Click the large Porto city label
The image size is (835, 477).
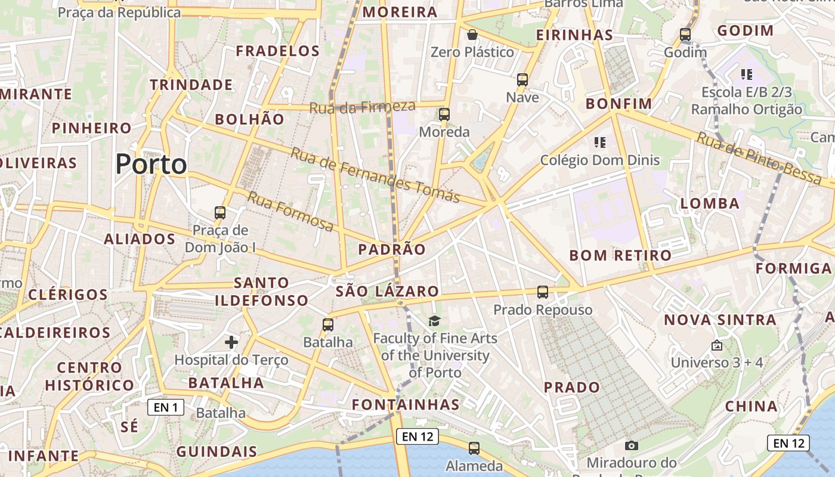point(151,164)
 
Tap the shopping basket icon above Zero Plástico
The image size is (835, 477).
point(472,35)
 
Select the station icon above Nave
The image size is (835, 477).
point(522,79)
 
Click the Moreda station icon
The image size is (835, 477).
point(444,114)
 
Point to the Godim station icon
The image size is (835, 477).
point(685,35)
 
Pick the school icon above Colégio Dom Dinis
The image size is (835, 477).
point(600,143)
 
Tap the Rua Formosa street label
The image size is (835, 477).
point(290,211)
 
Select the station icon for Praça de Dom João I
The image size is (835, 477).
point(220,212)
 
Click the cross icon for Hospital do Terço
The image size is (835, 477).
point(231,342)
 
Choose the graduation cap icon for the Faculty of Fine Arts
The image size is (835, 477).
point(434,321)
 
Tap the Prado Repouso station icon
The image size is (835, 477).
point(543,292)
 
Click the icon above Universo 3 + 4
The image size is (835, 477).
point(717,345)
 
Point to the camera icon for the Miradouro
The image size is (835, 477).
point(632,445)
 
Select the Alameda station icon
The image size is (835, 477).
point(474,448)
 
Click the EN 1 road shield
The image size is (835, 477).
point(166,408)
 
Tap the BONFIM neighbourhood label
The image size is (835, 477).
point(619,104)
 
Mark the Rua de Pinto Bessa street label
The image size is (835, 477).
point(759,157)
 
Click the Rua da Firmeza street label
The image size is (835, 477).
point(362,107)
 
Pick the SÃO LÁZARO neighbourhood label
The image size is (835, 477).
point(387,292)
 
